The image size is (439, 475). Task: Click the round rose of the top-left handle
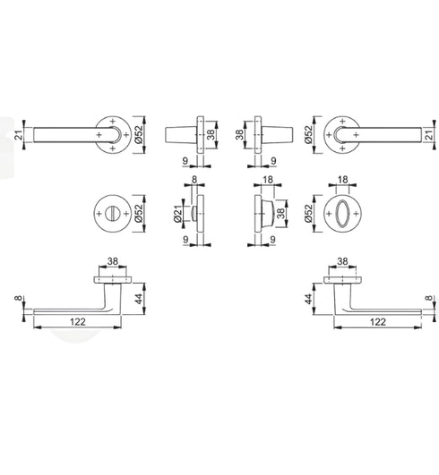click(111, 133)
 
